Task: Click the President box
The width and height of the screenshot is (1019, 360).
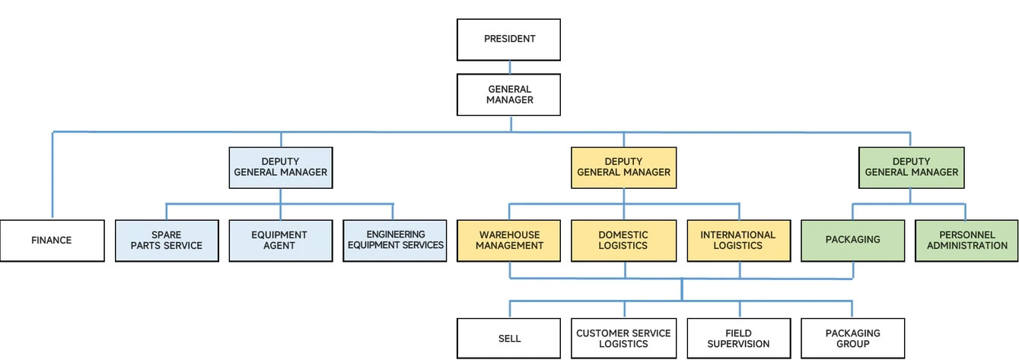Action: click(508, 40)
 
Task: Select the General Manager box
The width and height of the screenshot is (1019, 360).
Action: click(508, 94)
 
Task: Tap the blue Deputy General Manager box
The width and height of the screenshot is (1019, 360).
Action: click(280, 167)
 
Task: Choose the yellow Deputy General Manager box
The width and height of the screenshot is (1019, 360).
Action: click(623, 167)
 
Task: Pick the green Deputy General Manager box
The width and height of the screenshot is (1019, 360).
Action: click(911, 167)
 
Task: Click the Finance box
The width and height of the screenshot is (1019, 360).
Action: click(52, 241)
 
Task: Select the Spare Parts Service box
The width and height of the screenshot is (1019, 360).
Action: click(166, 241)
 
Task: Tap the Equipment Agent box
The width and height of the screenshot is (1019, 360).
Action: click(280, 241)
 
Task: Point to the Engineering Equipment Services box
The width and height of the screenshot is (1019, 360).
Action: click(394, 241)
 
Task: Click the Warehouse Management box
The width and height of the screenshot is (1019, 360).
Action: click(509, 241)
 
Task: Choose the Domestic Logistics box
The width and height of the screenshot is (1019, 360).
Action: click(623, 241)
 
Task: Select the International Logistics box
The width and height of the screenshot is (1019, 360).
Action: click(737, 241)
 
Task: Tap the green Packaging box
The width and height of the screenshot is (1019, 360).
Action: click(852, 241)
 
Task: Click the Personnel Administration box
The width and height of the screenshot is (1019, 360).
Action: click(966, 241)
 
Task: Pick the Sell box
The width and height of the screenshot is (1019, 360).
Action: click(509, 339)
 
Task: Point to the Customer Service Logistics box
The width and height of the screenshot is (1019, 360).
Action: click(623, 339)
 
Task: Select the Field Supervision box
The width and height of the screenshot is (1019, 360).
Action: click(737, 339)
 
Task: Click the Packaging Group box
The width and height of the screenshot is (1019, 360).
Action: click(852, 339)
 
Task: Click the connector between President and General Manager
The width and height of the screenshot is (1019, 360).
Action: click(508, 67)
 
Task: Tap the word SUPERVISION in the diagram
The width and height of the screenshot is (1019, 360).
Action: click(738, 344)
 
